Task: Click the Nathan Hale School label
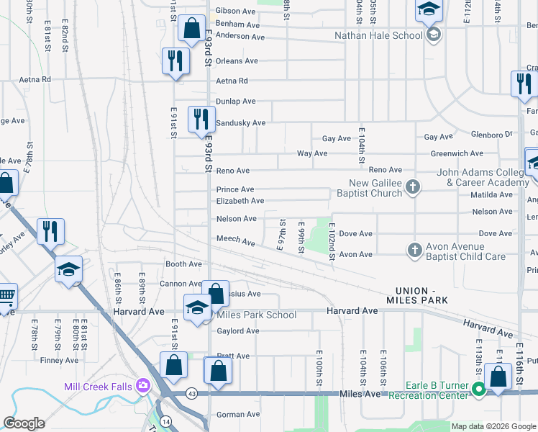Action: (378, 35)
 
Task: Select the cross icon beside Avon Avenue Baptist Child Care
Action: (414, 250)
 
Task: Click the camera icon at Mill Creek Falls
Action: (143, 386)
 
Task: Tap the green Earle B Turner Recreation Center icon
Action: (479, 391)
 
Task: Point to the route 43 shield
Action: (191, 393)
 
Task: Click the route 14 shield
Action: (166, 420)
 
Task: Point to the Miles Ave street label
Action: (362, 394)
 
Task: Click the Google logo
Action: (24, 423)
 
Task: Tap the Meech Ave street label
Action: (236, 240)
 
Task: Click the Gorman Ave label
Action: (237, 414)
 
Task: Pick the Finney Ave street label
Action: (60, 360)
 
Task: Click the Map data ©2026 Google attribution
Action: (493, 426)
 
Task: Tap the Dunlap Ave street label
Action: (236, 102)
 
